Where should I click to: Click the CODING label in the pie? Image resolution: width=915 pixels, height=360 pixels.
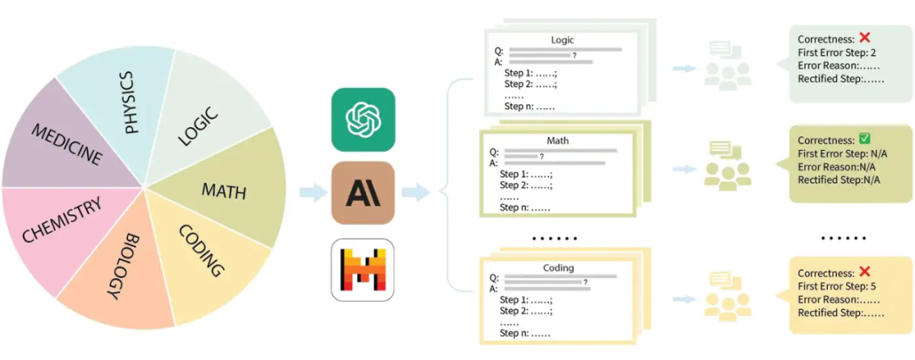(202, 252)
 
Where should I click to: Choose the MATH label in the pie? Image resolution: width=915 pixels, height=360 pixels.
(224, 191)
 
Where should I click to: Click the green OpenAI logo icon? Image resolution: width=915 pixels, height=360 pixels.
(363, 119)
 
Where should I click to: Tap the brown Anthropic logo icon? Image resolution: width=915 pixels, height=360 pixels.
(363, 192)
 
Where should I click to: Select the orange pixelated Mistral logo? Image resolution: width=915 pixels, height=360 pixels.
(363, 269)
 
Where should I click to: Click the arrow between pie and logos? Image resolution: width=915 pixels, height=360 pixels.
(313, 193)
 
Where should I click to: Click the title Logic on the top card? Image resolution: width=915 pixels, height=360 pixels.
(562, 40)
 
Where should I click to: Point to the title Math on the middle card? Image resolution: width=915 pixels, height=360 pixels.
(557, 140)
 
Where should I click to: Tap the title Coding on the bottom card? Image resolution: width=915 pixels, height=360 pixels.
(558, 269)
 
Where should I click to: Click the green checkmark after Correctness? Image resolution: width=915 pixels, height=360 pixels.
(865, 139)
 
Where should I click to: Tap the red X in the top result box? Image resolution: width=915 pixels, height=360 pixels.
(864, 38)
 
